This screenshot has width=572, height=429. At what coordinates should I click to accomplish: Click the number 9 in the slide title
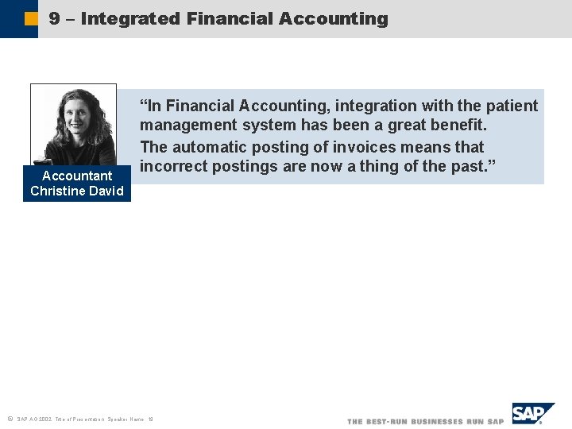click(54, 18)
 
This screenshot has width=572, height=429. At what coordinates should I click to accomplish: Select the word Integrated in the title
click(130, 18)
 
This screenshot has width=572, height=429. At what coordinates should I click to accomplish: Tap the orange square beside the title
click(30, 18)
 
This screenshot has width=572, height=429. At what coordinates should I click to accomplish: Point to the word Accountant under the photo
click(77, 176)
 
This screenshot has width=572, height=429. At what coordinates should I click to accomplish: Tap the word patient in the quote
click(510, 106)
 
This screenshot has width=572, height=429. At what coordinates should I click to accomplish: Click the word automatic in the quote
click(211, 147)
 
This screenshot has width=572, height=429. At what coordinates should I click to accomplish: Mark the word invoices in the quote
click(389, 147)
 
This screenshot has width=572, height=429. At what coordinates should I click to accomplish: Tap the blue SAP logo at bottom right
click(531, 414)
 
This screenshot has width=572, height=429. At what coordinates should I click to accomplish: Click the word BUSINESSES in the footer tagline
click(435, 421)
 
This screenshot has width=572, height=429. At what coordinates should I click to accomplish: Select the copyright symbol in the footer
click(9, 418)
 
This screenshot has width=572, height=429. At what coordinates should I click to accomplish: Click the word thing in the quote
click(378, 167)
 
